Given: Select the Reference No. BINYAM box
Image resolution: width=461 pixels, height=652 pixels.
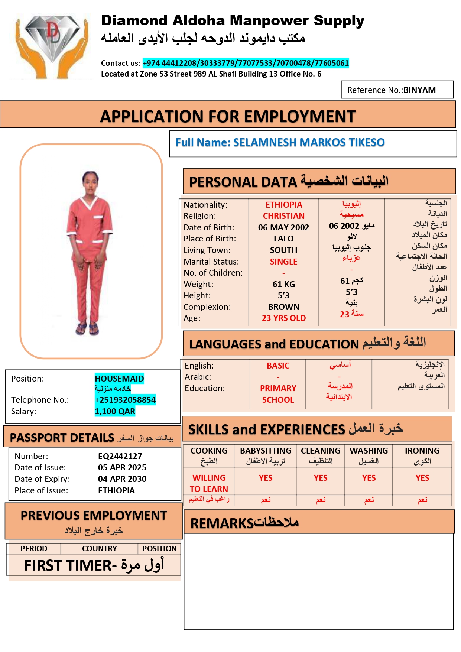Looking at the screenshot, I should click(397, 90).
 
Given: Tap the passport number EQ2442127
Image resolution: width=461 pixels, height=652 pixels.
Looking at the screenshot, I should click(120, 456).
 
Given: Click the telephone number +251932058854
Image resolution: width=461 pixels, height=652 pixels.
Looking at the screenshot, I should click(125, 400).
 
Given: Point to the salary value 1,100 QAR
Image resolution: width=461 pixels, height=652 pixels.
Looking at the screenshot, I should click(115, 411).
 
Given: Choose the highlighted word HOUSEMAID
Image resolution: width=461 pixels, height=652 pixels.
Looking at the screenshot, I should click(119, 379).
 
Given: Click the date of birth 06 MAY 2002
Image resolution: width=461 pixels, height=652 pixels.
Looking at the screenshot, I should click(283, 227).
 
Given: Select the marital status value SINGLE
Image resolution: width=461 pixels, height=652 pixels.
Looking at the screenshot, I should click(283, 262).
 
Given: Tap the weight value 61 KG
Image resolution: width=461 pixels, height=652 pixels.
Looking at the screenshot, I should click(284, 284).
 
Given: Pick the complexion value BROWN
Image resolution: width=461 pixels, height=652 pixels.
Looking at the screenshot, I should click(284, 307).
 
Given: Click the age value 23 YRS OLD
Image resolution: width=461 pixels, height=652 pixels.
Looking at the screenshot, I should click(284, 318).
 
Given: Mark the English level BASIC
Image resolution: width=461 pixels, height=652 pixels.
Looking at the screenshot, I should click(278, 366).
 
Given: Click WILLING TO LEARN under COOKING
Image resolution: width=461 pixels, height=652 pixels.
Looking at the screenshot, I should click(209, 483).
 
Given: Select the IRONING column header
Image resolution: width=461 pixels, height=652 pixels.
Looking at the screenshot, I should click(422, 451).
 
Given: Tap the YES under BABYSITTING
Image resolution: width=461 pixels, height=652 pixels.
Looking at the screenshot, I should click(266, 478).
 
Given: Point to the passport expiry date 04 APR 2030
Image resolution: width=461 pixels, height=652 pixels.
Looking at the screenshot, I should click(122, 479).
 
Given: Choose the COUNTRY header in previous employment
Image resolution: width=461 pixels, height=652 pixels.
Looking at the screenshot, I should click(99, 549).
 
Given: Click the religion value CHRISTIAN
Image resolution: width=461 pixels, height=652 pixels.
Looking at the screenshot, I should click(283, 216).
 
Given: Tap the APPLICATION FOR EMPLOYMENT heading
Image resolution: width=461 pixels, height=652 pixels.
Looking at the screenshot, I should click(228, 117).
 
